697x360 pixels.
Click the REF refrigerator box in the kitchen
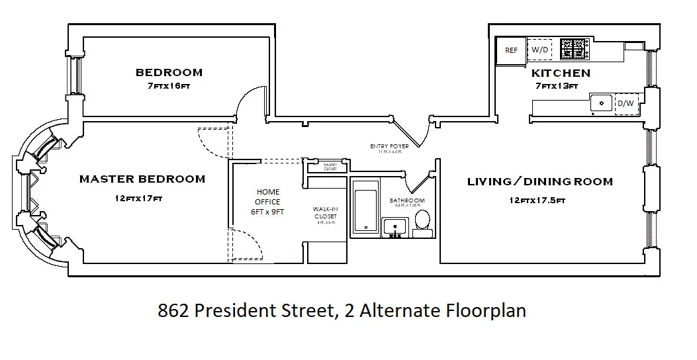pos(511,50)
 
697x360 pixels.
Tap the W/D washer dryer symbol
pos(540,50)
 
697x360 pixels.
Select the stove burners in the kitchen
pos(575,48)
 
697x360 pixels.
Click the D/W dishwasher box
pos(626,104)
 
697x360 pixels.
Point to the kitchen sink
pos(602,104)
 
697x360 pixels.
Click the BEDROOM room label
pos(169,72)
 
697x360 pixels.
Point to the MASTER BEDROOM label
pos(142,179)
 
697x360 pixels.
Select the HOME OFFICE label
pos(268,197)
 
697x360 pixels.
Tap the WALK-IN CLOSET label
pos(325,213)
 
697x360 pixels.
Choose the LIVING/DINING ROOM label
pos(539,181)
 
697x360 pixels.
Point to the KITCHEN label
pos(561,73)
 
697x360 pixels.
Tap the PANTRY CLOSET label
pos(330,167)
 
